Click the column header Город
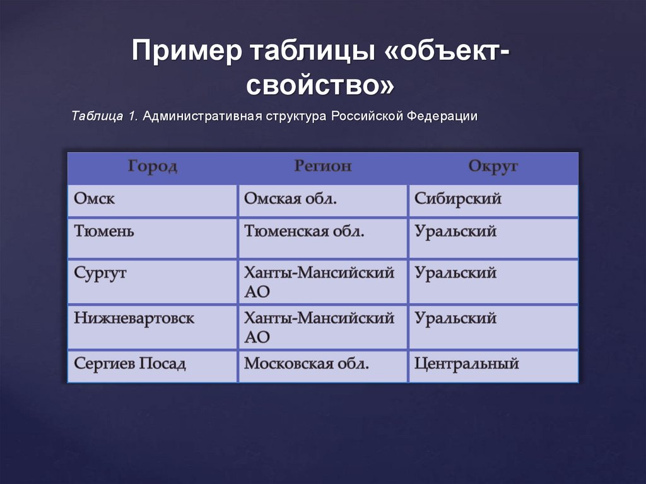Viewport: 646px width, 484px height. tap(153, 167)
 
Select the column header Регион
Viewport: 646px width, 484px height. tap(322, 167)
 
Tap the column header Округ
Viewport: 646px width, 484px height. tap(493, 167)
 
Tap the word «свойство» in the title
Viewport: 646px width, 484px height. tap(322, 85)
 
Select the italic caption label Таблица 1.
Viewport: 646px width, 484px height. tap(105, 117)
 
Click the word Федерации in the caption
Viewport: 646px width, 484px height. tap(441, 117)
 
